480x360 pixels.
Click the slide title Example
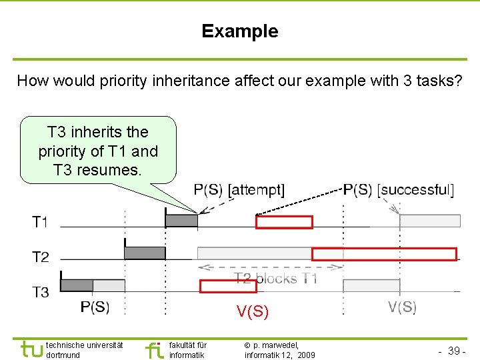tap(240, 31)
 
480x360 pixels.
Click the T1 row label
tap(41, 222)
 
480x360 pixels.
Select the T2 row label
tap(41, 257)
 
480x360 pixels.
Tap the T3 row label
tap(41, 291)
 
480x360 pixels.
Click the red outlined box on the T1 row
tap(284, 222)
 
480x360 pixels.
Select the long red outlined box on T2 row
tap(384, 254)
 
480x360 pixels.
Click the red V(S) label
tap(252, 311)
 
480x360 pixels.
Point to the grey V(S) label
tap(402, 307)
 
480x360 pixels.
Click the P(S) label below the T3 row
tap(95, 307)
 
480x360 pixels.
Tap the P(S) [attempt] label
tap(239, 190)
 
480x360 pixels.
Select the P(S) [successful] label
tap(398, 190)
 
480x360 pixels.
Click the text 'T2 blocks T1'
tap(275, 279)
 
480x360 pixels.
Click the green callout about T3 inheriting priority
tap(98, 151)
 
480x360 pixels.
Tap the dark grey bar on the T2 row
tap(145, 253)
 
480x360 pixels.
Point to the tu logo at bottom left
tap(32, 349)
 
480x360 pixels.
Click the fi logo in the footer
tap(154, 349)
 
